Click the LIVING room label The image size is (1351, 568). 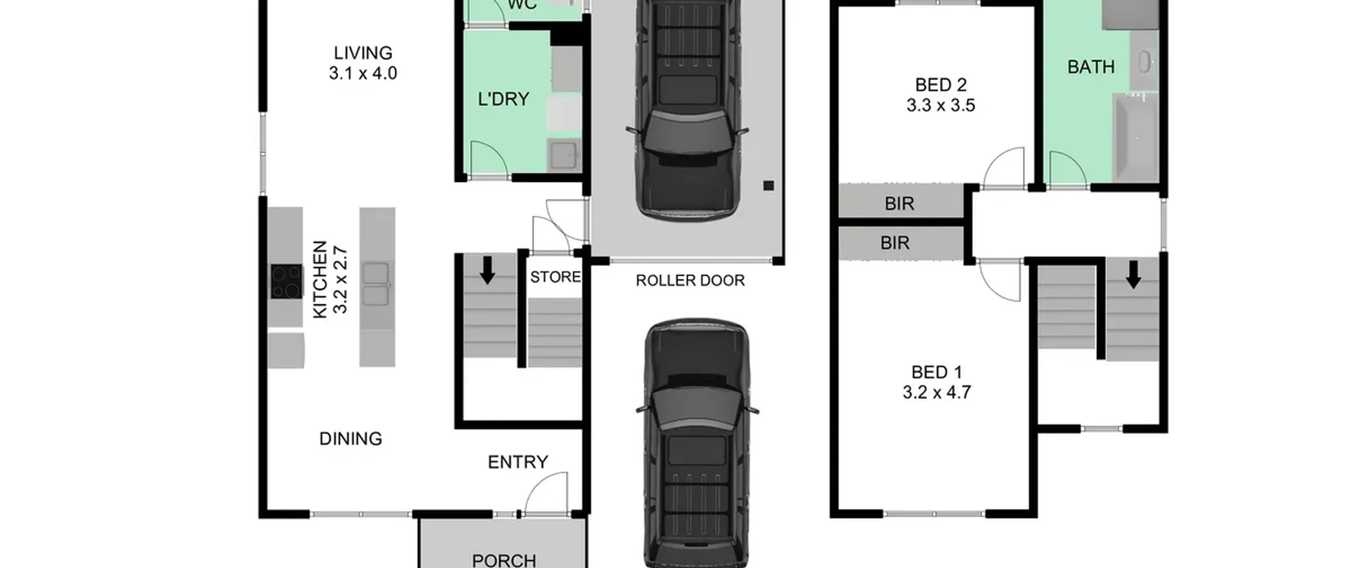(x=363, y=53)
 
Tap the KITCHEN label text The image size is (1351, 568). (x=320, y=280)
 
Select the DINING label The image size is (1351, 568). (x=351, y=439)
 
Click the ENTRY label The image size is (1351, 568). (x=518, y=462)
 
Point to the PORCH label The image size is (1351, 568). (x=504, y=560)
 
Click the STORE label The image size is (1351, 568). (x=555, y=277)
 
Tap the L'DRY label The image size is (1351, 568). (x=503, y=99)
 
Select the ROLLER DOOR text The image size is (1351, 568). (x=690, y=281)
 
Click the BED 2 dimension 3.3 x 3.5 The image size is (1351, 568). (x=941, y=105)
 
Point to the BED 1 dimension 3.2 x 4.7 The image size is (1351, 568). (x=937, y=392)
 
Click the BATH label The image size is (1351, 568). (x=1091, y=67)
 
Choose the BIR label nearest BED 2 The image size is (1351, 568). (x=899, y=203)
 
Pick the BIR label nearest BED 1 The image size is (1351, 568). (x=895, y=243)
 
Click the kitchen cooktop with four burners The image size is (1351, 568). (x=287, y=282)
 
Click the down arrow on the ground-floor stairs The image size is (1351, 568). (x=487, y=270)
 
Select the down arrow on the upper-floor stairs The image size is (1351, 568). (x=1133, y=274)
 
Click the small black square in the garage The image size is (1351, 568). (x=768, y=185)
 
